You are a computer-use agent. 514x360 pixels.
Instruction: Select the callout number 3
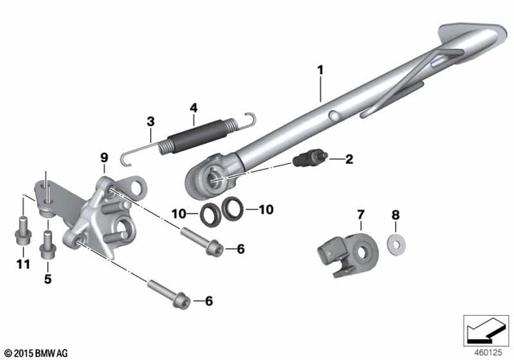tap(150, 123)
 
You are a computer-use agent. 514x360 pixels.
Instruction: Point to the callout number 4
tap(193, 107)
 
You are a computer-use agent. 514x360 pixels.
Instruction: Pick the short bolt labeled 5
tap(47, 240)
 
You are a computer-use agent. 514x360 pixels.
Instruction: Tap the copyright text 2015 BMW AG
tap(36, 352)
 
